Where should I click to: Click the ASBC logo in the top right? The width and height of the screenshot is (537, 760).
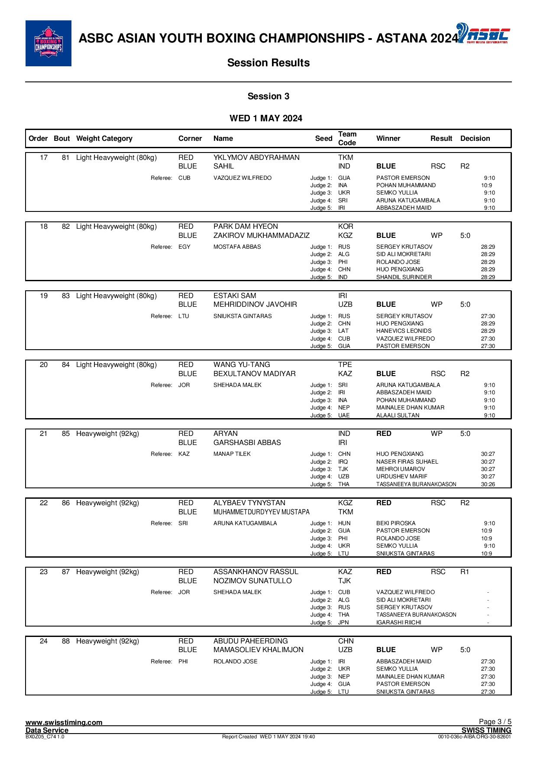point(483,34)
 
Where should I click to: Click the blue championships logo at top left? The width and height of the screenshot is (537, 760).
point(49,43)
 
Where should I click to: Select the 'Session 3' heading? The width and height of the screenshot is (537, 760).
point(268,96)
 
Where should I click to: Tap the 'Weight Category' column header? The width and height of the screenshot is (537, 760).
point(104,139)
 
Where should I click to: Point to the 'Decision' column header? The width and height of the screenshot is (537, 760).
point(475,139)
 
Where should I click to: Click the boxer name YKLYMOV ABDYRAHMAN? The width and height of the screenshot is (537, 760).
point(256,158)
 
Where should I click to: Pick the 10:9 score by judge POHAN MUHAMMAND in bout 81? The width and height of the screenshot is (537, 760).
point(486,185)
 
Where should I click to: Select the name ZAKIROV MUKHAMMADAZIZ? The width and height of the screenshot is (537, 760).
point(261,236)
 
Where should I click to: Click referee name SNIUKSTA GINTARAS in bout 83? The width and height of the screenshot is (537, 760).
point(243,316)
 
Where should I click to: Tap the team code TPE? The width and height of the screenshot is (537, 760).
point(345,365)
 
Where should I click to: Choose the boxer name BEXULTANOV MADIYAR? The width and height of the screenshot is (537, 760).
point(255,374)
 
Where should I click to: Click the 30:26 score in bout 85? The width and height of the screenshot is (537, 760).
point(488,484)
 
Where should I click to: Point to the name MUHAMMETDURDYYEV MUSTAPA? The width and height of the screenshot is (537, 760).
point(261,512)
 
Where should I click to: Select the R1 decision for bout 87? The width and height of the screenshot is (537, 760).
point(465,572)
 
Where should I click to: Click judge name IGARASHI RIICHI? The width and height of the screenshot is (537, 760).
point(398,623)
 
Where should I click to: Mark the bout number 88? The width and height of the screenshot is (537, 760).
point(65,641)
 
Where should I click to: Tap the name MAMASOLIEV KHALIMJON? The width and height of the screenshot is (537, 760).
point(258,650)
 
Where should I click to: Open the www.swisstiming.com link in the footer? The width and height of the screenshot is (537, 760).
point(64,722)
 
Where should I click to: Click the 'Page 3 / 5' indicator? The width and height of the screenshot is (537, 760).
point(495,722)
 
